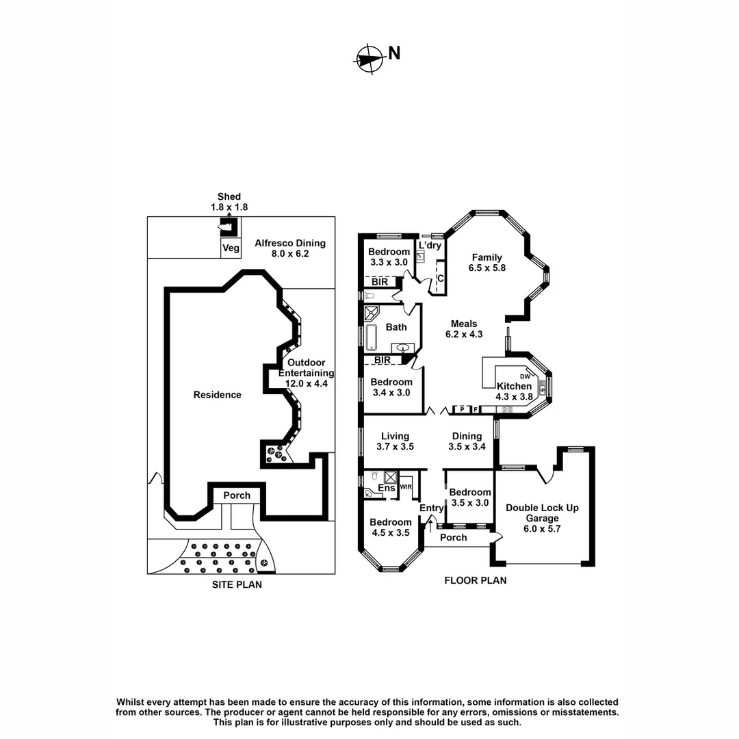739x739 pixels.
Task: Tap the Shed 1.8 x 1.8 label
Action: [x=229, y=202]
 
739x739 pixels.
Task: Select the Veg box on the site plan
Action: [x=231, y=248]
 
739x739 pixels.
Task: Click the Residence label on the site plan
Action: [x=217, y=394]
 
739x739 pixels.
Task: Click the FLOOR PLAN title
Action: [x=475, y=581]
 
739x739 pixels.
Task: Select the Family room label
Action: [x=487, y=263]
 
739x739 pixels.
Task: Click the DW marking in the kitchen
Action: [x=526, y=376]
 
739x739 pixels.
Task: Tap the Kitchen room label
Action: [x=514, y=391]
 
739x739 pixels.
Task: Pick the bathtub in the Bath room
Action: [x=371, y=338]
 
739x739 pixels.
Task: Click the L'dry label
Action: [x=430, y=245]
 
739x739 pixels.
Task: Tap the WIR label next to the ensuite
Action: [x=406, y=487]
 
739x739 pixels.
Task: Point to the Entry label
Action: [x=432, y=508]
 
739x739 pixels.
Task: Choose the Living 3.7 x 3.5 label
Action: [x=395, y=441]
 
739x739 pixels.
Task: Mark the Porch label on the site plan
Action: [x=237, y=495]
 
